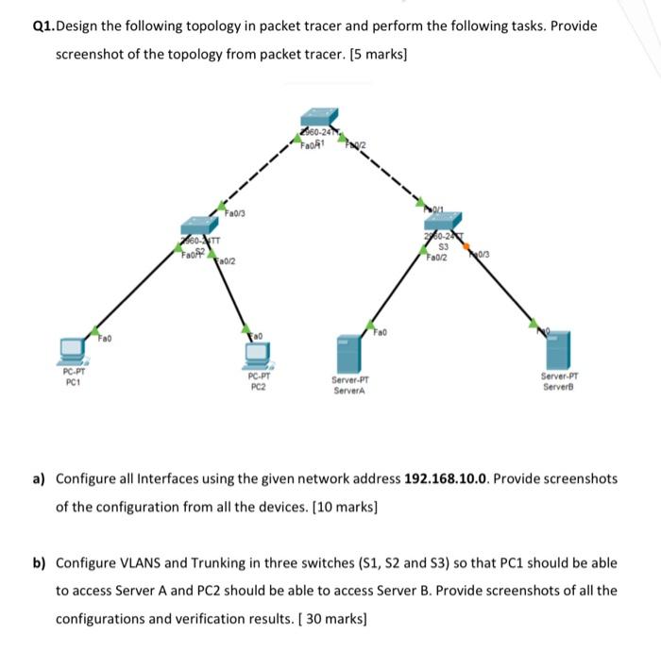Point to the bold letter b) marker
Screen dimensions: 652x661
pos(40,563)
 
